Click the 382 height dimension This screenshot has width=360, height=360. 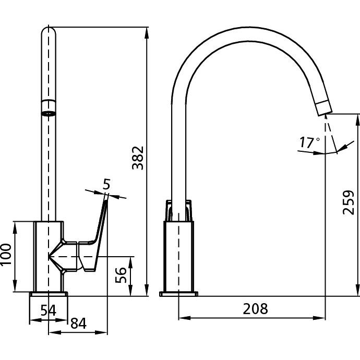[137, 158]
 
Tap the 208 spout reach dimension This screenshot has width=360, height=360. [255, 308]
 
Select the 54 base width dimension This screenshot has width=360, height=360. [48, 309]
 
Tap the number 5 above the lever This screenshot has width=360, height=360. [106, 184]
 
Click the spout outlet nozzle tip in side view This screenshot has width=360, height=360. [323, 107]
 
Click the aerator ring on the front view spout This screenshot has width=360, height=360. [48, 111]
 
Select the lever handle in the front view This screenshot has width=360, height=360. [97, 232]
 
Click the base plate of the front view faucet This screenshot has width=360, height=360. [49, 294]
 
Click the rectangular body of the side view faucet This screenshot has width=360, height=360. [179, 256]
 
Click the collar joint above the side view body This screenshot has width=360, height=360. [179, 211]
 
